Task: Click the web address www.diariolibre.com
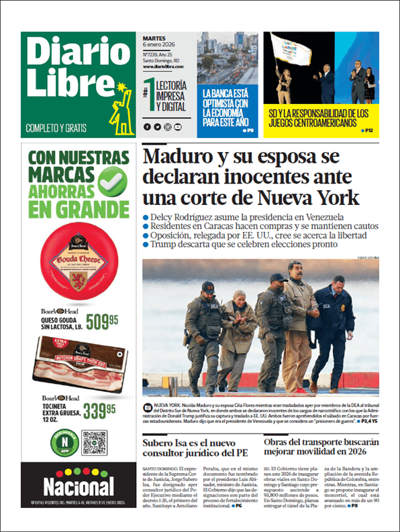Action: [x=164, y=66]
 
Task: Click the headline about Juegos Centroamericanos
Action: [x=319, y=119]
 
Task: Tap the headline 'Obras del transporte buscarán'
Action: [x=321, y=448]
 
